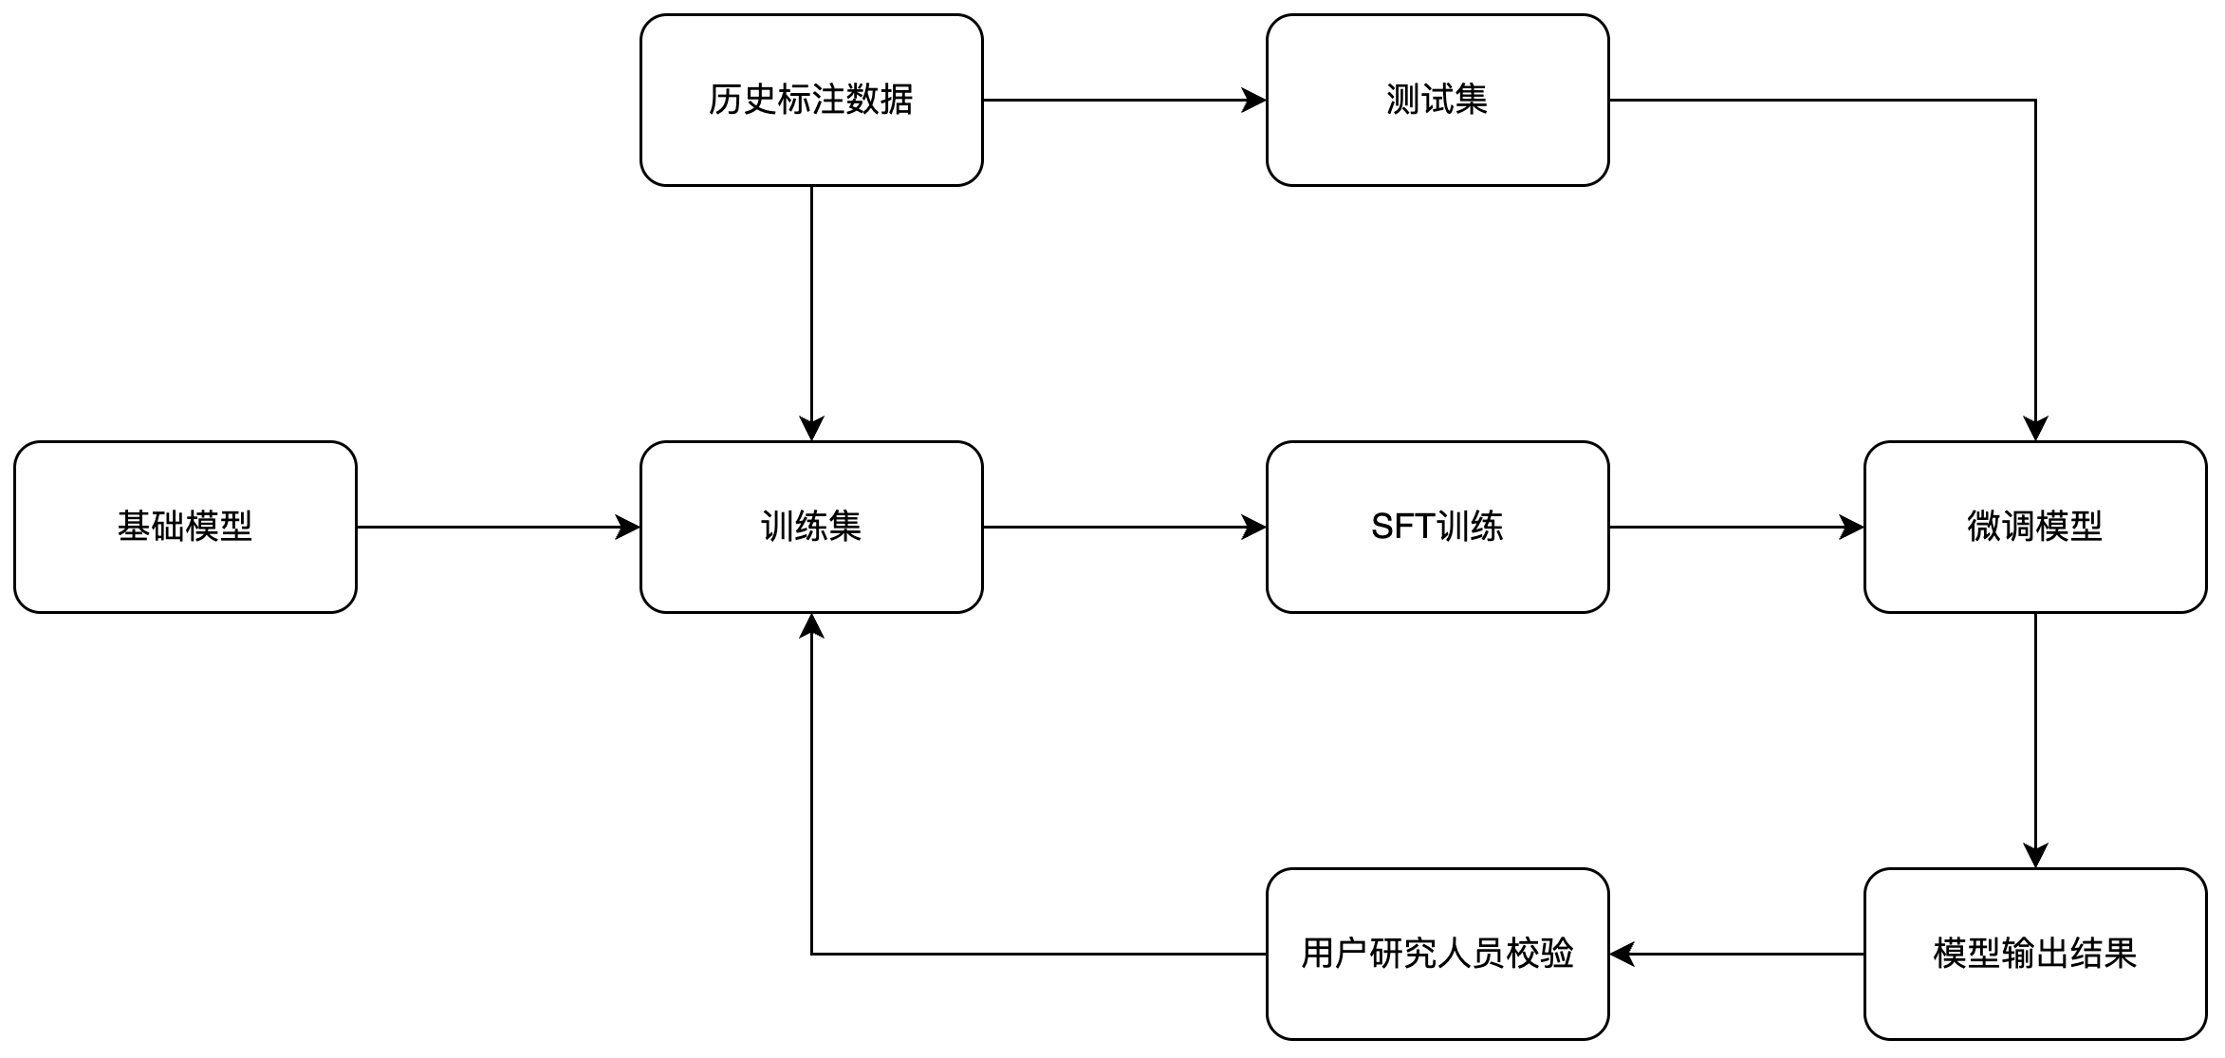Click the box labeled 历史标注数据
coord(811,100)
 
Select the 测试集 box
coord(1437,100)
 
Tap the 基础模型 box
coord(185,527)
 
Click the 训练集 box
coord(811,527)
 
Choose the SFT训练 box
coord(1437,527)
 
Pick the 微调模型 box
coord(2035,527)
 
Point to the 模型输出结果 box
coord(2035,954)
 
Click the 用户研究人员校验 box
coord(1437,954)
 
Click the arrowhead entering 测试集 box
coord(1255,100)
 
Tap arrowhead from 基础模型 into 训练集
coord(629,527)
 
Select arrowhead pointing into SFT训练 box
coord(1255,527)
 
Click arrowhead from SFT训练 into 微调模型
coord(1853,527)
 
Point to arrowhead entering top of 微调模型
coord(2035,430)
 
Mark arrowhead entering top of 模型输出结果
coord(2035,857)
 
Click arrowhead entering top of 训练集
coord(811,430)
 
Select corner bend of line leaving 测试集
coord(2035,100)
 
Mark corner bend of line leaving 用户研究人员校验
coord(811,954)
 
